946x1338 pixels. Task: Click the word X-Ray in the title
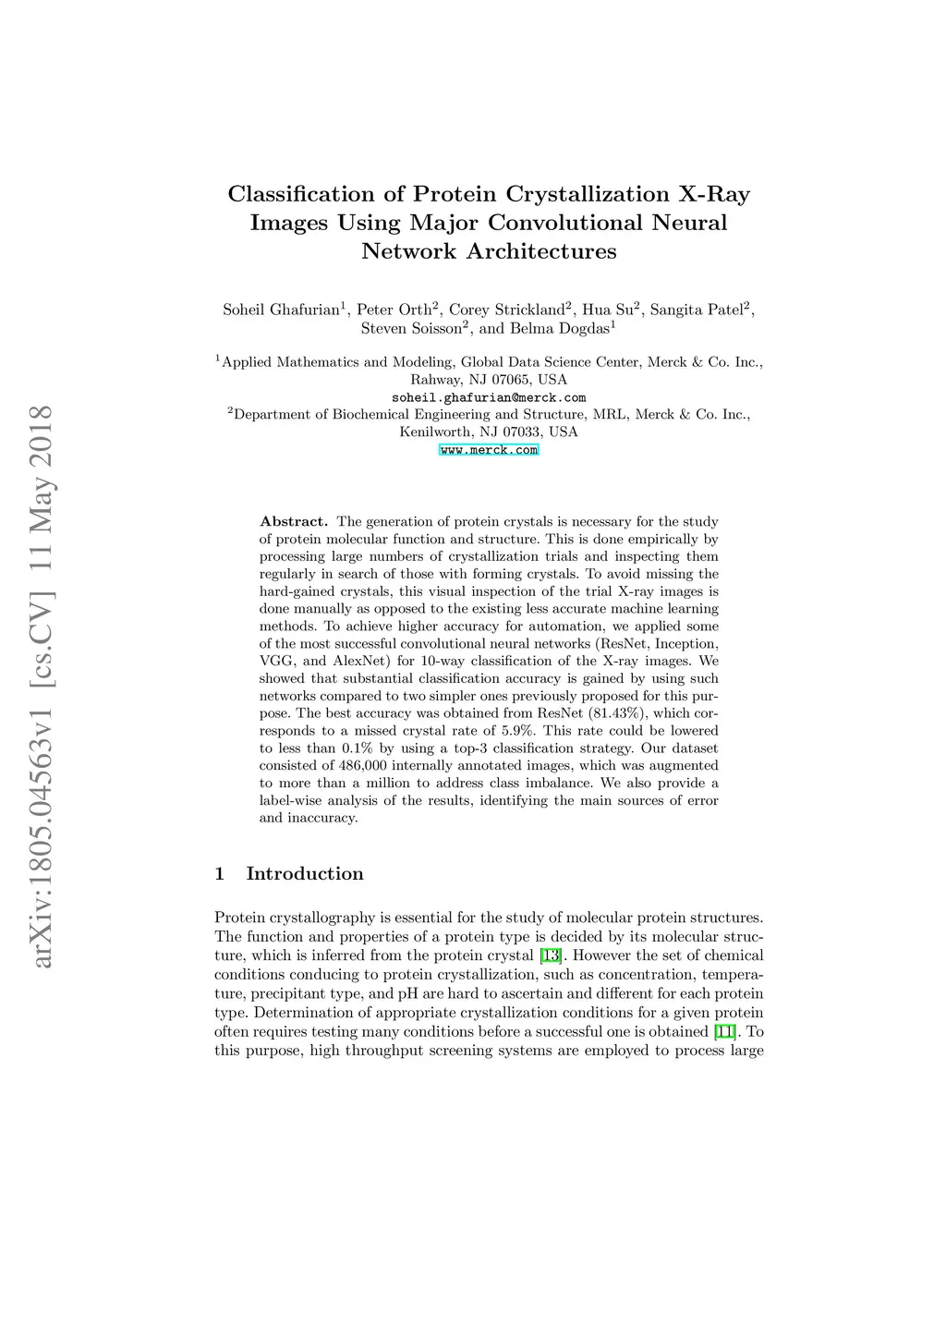click(x=714, y=194)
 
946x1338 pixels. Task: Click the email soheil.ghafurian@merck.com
click(x=489, y=397)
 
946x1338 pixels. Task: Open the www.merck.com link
click(x=489, y=450)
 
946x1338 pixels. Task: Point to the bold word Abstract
click(x=294, y=521)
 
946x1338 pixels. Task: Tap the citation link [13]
click(x=551, y=955)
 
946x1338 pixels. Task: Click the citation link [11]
click(x=725, y=1031)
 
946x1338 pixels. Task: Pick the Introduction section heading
click(x=304, y=874)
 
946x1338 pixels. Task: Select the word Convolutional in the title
click(x=566, y=223)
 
